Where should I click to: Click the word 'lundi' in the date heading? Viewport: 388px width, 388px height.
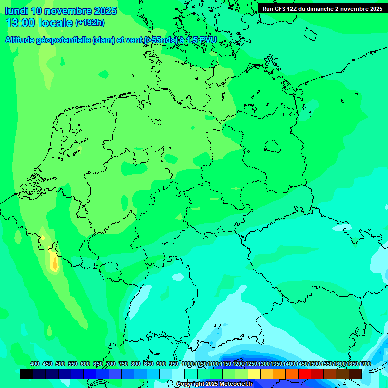(x=16, y=11)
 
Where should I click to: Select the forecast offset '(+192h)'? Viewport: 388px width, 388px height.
(x=89, y=23)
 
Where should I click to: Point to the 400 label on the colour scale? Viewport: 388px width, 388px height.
(x=35, y=364)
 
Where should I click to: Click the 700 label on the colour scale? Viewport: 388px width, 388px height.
(x=111, y=364)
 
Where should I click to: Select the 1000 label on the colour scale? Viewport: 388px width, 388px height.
(x=188, y=364)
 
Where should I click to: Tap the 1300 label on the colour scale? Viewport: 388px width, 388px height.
(x=264, y=364)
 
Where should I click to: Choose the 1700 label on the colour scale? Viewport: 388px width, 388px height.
(x=365, y=364)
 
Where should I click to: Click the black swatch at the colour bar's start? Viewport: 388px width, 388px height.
(x=27, y=374)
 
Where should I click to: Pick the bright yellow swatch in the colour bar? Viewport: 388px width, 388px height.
(x=254, y=374)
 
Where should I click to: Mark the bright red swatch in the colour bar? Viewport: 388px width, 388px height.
(x=305, y=374)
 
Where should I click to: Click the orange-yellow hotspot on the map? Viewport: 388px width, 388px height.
(x=53, y=262)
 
